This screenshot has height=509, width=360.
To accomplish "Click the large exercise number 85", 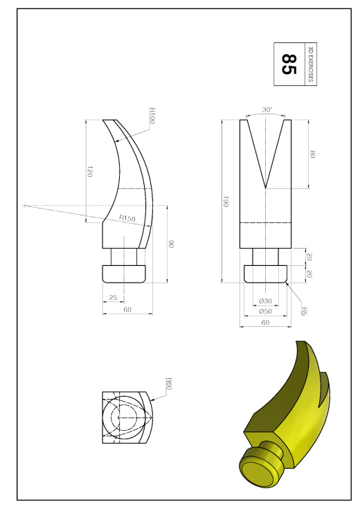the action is tap(289, 64).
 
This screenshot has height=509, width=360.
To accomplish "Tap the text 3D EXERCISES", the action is tap(311, 64).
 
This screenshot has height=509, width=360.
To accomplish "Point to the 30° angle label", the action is tap(267, 109).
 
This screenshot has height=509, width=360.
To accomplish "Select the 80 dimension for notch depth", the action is tap(313, 154).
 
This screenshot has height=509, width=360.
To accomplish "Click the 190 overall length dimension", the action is tap(226, 202).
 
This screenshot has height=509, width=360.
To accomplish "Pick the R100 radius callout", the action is tap(152, 116).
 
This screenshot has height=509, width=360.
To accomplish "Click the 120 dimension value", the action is tap(90, 172).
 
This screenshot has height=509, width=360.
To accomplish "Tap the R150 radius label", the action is tap(127, 218).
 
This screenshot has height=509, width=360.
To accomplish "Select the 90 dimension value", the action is tap(172, 244).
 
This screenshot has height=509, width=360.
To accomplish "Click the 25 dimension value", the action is tap(113, 297).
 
